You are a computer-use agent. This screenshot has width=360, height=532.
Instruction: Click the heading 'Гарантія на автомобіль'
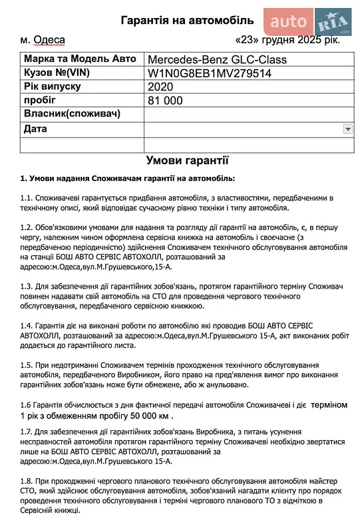click(x=187, y=21)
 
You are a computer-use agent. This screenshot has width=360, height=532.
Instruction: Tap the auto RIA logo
click(x=309, y=23)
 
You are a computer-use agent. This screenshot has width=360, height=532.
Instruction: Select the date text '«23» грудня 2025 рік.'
click(x=287, y=40)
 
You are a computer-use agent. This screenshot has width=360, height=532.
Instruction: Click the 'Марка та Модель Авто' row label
click(x=74, y=60)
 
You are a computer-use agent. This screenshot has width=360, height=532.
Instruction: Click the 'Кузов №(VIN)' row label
click(x=57, y=73)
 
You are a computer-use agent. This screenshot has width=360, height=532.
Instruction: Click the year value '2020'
click(x=161, y=86)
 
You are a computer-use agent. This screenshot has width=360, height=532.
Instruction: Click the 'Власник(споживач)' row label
click(x=72, y=114)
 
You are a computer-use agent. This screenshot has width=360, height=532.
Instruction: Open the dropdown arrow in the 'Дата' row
click(x=347, y=128)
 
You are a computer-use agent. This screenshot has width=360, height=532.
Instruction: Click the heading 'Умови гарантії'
click(x=187, y=160)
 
